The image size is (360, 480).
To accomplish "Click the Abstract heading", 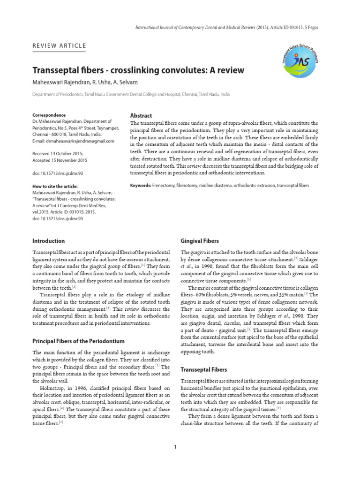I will click(x=141, y=115).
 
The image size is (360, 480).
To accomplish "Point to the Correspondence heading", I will click(x=49, y=115).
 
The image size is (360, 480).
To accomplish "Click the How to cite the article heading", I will click(x=55, y=186).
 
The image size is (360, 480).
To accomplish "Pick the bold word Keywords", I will click(x=140, y=186).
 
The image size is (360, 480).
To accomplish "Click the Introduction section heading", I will click(x=48, y=241).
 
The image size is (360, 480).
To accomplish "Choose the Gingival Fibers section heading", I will click(x=200, y=241).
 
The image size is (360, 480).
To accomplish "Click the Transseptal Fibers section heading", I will click(x=204, y=370).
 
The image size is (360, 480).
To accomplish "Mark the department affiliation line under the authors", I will click(x=131, y=94).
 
